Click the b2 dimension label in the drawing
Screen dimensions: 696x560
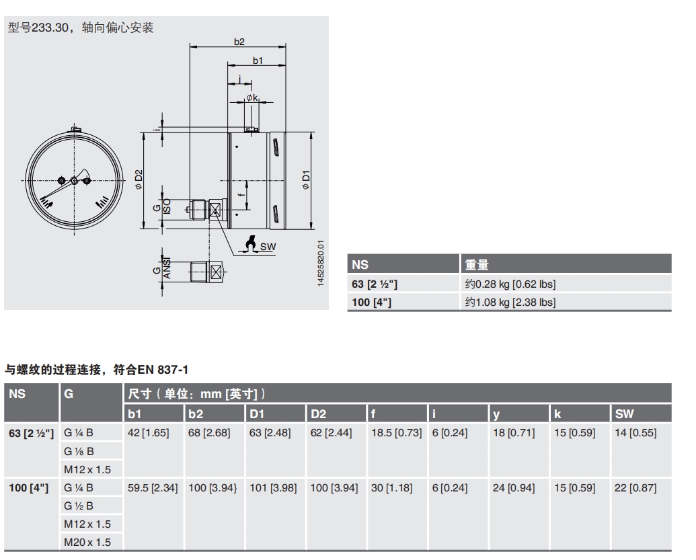point(239,42)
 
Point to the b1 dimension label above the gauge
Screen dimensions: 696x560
point(258,61)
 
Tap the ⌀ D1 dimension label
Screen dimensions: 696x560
point(306,180)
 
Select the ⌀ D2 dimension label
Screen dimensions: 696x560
point(139,180)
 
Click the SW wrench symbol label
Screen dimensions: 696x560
point(268,247)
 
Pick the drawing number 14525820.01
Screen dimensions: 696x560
point(321,264)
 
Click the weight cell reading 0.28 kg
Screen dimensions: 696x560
point(510,284)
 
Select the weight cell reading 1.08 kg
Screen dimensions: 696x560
point(510,303)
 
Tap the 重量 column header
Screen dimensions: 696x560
point(477,265)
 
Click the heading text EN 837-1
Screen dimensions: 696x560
point(163,370)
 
